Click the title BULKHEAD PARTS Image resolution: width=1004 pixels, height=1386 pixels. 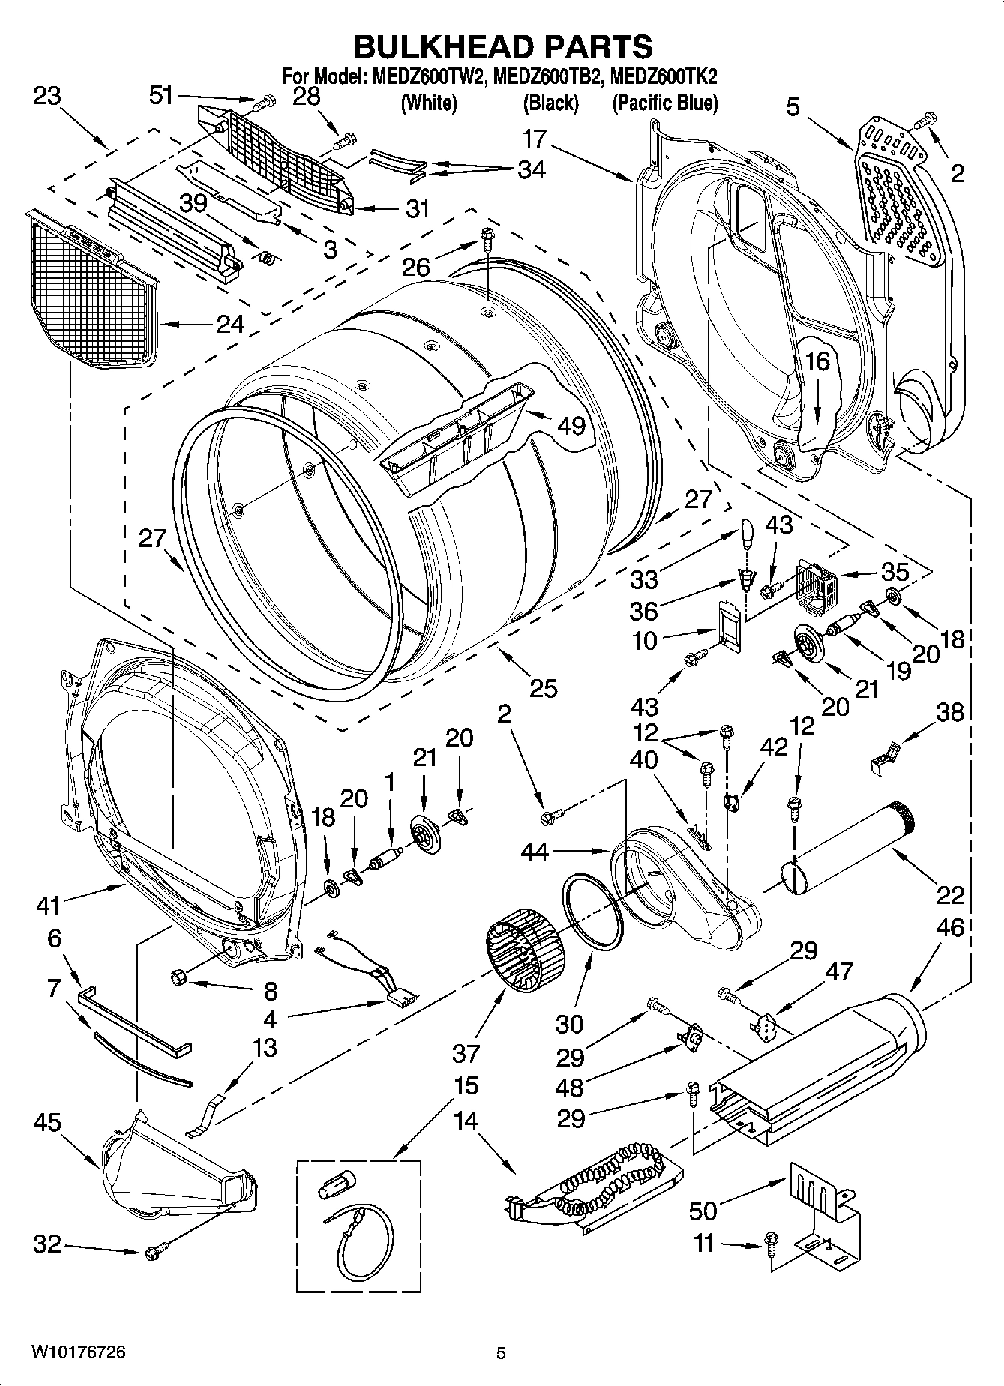[502, 46]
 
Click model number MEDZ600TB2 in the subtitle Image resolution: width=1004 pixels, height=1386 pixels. [547, 76]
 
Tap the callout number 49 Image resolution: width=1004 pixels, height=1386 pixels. [571, 425]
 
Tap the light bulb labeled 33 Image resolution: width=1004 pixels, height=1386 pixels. [746, 535]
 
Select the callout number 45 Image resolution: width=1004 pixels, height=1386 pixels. [47, 1122]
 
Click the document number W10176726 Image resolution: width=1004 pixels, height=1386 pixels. [78, 1352]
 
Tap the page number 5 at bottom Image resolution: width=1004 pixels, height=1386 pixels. [502, 1353]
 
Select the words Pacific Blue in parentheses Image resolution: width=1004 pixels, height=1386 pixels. [664, 103]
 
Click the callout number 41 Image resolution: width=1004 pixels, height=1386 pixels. [47, 906]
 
